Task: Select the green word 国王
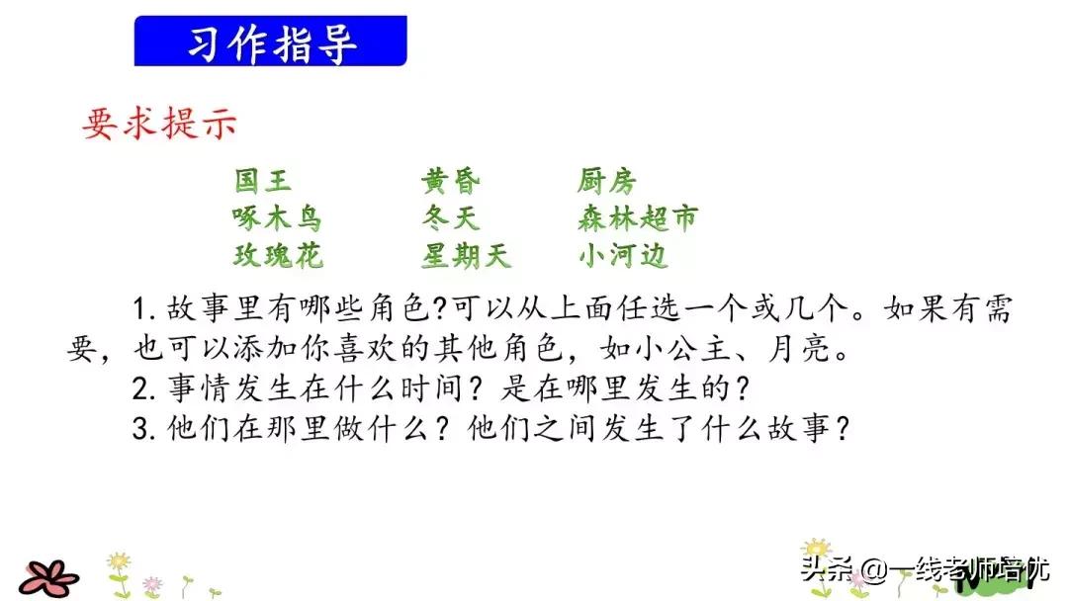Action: [263, 181]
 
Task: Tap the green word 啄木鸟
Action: [278, 217]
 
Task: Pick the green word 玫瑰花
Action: [278, 255]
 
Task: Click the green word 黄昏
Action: [451, 181]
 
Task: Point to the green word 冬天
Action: [451, 217]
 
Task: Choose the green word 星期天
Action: [466, 255]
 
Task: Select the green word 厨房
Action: [607, 181]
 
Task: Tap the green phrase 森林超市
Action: [638, 217]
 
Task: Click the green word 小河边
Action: [623, 255]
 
